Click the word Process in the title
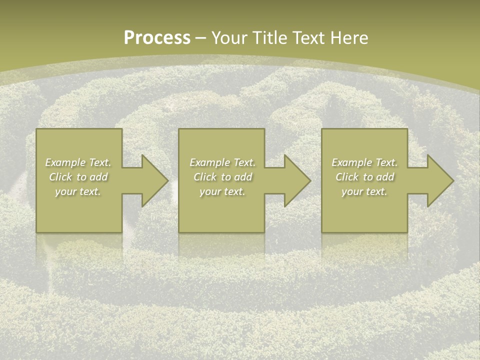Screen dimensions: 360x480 click(157, 37)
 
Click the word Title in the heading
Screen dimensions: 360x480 click(271, 37)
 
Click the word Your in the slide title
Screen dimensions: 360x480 click(229, 37)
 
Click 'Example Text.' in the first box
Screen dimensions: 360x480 click(78, 162)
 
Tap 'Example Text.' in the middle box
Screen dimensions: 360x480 click(222, 162)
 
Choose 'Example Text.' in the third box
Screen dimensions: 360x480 click(364, 162)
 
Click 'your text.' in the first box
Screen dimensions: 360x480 click(78, 191)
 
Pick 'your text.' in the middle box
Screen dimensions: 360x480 click(222, 191)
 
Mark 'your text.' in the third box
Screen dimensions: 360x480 click(364, 191)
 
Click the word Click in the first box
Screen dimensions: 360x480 click(60, 177)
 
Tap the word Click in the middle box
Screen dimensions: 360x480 click(205, 177)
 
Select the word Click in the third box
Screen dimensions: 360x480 click(347, 177)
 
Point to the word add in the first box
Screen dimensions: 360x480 click(98, 177)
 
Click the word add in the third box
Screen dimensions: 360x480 click(385, 177)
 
